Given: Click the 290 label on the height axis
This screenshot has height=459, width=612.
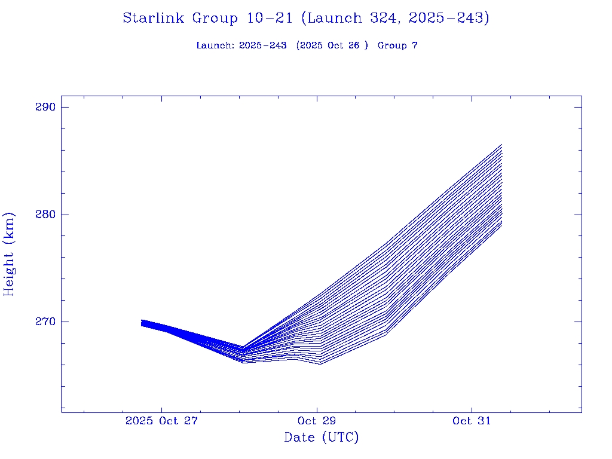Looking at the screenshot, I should click(x=45, y=108).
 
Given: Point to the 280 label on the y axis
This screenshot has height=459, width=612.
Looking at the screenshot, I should click(x=45, y=215).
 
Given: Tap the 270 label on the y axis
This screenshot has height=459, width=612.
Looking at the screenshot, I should click(x=45, y=322).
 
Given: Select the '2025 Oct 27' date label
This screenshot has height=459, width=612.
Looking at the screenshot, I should click(x=161, y=421).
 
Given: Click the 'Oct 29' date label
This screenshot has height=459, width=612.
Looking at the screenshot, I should click(x=317, y=421).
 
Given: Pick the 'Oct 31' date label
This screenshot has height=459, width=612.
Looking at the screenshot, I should click(x=472, y=421).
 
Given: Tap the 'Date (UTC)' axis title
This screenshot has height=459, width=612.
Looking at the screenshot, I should click(x=322, y=437).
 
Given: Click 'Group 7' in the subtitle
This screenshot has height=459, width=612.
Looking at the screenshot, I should click(x=397, y=46).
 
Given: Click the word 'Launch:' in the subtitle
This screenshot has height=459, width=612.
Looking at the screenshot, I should click(x=215, y=46).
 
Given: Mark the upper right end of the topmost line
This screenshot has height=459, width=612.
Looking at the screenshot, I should click(x=501, y=145).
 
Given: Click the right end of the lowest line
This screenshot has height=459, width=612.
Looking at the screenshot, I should click(x=501, y=225).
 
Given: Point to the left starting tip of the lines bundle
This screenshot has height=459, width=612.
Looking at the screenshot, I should click(x=142, y=323).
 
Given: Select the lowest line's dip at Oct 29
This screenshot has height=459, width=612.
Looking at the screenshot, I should click(x=320, y=363).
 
